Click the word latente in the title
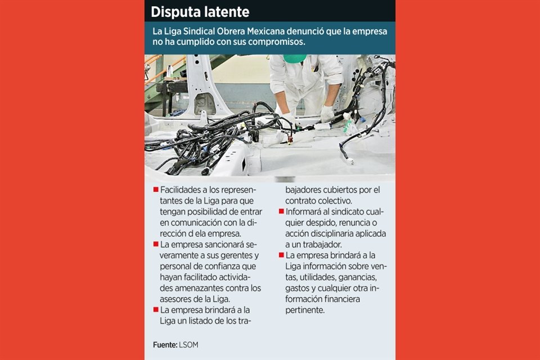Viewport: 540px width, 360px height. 225,12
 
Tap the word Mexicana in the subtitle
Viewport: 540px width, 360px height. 265,31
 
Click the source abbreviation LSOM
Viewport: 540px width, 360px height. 188,345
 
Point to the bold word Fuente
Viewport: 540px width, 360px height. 165,345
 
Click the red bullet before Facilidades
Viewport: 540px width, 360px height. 156,190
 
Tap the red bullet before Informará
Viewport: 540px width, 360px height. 281,211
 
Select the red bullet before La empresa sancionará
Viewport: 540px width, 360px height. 156,244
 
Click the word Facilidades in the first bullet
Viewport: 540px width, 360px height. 181,190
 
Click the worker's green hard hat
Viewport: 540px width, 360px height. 295,58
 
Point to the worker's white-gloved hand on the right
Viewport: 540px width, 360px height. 327,113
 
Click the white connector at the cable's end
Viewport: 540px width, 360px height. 350,160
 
